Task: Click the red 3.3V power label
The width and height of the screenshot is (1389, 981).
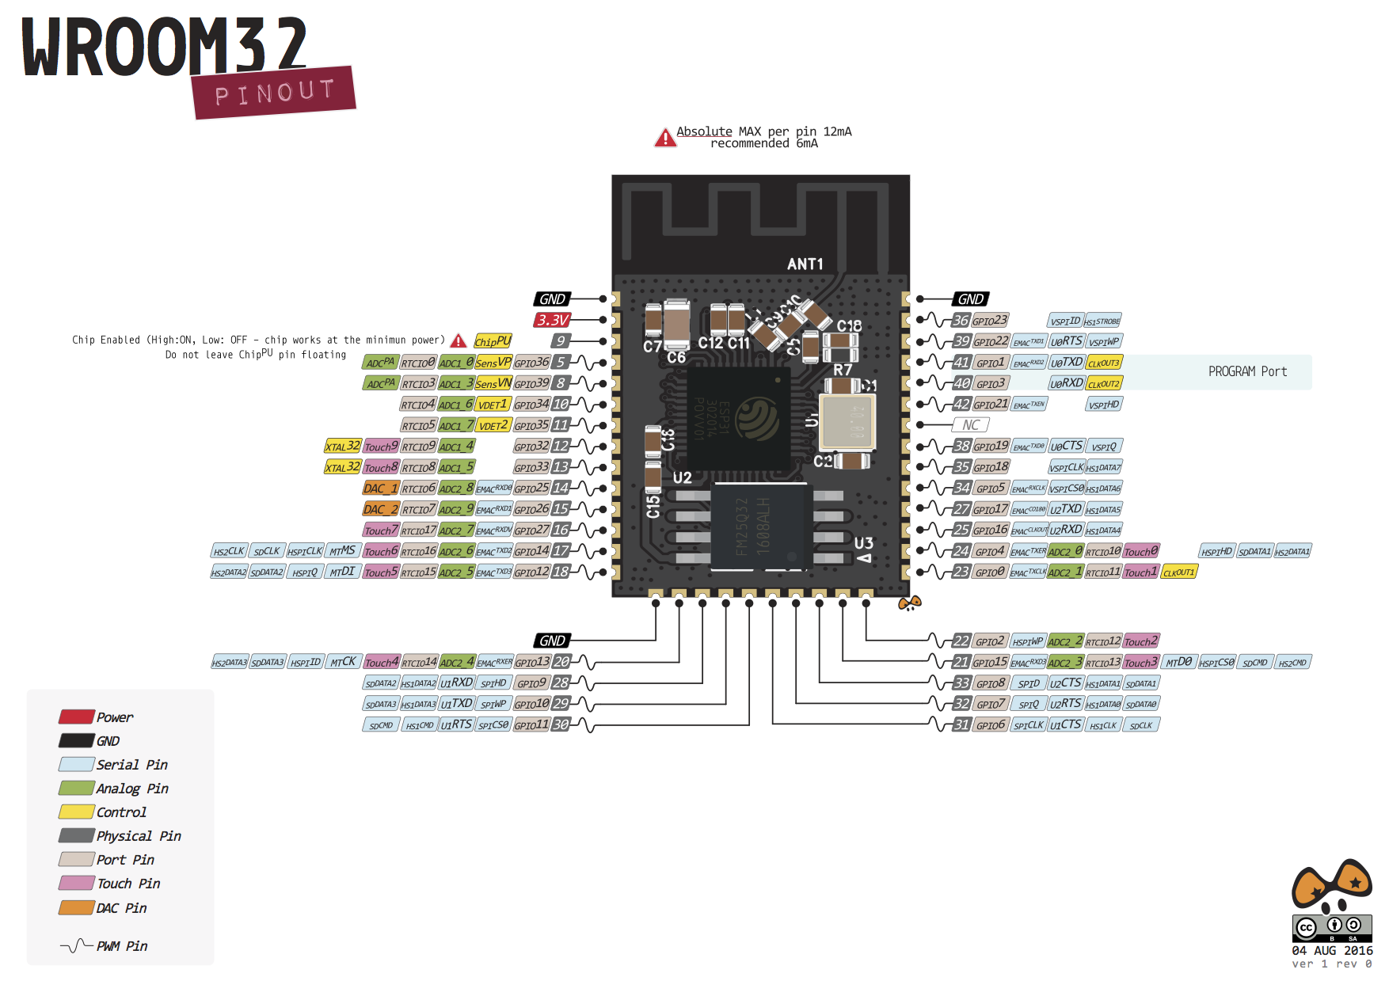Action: pyautogui.click(x=552, y=320)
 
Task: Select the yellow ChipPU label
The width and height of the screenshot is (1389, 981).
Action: pyautogui.click(x=493, y=341)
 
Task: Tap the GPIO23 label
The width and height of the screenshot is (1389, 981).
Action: pyautogui.click(x=990, y=321)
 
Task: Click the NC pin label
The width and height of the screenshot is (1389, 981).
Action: pyautogui.click(x=971, y=425)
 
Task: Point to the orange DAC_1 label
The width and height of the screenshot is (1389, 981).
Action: pyautogui.click(x=380, y=489)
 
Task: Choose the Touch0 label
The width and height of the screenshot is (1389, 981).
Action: pyautogui.click(x=1141, y=551)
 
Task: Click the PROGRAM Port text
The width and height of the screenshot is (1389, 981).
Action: pyautogui.click(x=1247, y=371)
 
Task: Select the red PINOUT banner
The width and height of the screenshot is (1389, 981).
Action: pyautogui.click(x=274, y=93)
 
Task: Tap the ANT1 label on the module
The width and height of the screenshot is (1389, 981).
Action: pyautogui.click(x=805, y=264)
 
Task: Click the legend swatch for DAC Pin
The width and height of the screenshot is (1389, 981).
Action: pyautogui.click(x=76, y=907)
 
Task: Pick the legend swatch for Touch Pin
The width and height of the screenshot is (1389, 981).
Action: pyautogui.click(x=76, y=883)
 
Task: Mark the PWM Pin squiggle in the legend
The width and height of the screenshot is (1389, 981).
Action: pyautogui.click(x=76, y=945)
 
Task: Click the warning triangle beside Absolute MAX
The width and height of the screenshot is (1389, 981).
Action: pyautogui.click(x=665, y=138)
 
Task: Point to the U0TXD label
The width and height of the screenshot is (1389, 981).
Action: pyautogui.click(x=1066, y=363)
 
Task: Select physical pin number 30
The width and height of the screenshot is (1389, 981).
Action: pyautogui.click(x=561, y=724)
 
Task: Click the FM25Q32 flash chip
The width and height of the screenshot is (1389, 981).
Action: pyautogui.click(x=760, y=527)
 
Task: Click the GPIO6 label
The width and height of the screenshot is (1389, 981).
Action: pyautogui.click(x=990, y=725)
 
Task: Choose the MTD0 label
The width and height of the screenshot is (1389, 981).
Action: pyautogui.click(x=1178, y=662)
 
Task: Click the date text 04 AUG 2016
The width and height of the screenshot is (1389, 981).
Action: pyautogui.click(x=1332, y=950)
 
